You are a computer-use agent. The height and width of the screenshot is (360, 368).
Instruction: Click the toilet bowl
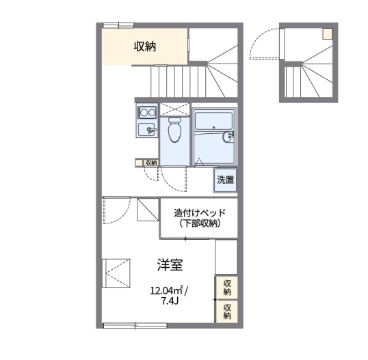tap(175, 130)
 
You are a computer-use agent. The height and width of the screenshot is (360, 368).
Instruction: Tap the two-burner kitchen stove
tap(147, 113)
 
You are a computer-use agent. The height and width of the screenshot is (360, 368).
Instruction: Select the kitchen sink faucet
tap(150, 130)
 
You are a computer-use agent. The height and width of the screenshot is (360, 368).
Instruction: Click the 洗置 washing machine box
tap(225, 180)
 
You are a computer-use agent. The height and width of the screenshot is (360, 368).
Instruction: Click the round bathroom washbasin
tap(227, 137)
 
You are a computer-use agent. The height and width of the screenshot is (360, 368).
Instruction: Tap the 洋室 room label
tap(170, 265)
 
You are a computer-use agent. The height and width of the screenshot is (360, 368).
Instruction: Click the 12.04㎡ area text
tap(167, 291)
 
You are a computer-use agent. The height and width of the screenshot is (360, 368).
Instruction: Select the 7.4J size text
tap(170, 301)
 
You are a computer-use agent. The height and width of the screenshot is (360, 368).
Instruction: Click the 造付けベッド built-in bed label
tap(200, 213)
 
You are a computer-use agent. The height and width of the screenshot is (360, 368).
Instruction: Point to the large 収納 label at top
tap(145, 46)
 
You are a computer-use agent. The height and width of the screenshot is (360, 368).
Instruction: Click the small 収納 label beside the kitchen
tap(151, 163)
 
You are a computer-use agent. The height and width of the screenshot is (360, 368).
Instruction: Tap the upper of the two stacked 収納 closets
tap(227, 287)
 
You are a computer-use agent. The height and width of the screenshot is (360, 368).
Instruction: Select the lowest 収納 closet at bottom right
tap(227, 311)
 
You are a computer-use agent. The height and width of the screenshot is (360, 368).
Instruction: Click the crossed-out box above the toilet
tap(175, 109)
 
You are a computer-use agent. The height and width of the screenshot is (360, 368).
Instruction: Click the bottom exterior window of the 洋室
tap(135, 326)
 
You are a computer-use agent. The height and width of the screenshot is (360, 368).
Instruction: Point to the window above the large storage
tap(118, 25)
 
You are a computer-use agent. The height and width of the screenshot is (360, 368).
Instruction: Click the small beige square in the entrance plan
tap(328, 33)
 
